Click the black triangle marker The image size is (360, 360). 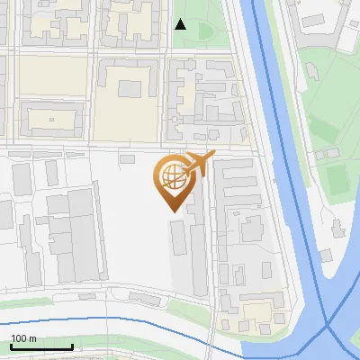(181, 24)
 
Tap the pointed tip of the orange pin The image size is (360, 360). (172, 209)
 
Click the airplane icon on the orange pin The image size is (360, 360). (198, 165)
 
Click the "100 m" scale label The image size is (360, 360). (23, 337)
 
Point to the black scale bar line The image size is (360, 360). (40, 346)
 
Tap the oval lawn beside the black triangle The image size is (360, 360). (204, 32)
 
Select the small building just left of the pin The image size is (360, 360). (129, 158)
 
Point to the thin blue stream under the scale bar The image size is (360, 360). (90, 320)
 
